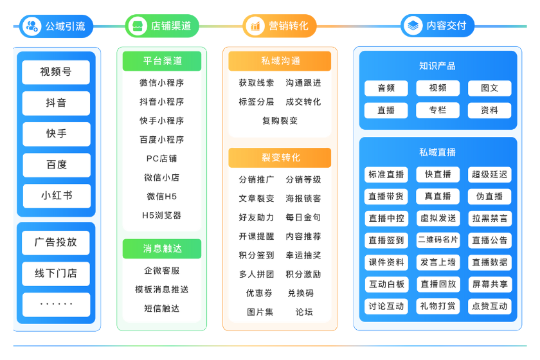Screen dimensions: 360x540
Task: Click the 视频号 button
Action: point(56,72)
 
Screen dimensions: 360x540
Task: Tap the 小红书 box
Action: point(56,195)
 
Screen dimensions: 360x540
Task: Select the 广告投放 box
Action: point(56,242)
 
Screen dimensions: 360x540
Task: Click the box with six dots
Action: point(56,304)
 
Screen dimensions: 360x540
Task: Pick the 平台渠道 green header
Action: point(162,61)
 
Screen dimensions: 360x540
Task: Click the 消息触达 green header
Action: point(162,249)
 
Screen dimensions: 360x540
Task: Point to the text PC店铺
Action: point(162,158)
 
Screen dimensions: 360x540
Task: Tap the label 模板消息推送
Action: point(162,289)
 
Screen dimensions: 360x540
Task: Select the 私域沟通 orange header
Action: point(280,61)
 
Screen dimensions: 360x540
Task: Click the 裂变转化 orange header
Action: point(280,157)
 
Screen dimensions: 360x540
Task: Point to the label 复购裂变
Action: point(280,120)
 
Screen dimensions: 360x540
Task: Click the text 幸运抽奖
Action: point(303,255)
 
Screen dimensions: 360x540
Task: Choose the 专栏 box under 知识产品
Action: point(438,111)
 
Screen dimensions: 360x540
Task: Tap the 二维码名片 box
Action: point(438,240)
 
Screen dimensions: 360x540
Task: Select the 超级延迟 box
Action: point(489,174)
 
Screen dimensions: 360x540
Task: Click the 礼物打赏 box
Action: point(438,306)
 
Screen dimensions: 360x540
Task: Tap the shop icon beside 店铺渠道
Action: point(136,26)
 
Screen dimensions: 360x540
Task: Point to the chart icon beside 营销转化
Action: point(255,26)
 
